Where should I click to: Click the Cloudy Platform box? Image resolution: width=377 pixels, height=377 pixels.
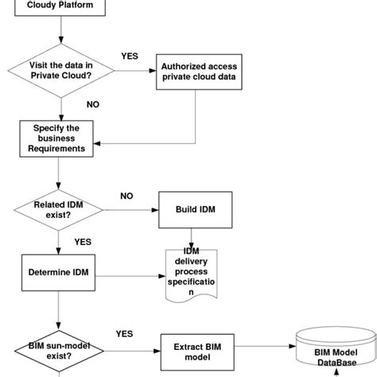60,7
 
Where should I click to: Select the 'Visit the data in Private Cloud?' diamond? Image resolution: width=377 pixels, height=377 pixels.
60,72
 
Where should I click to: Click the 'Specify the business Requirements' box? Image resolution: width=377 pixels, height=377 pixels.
60,138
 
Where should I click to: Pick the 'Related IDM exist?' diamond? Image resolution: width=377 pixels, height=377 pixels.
60,210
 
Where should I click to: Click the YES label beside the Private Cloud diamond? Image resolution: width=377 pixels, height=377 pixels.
129,56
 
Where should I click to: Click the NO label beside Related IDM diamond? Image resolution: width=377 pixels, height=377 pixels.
126,195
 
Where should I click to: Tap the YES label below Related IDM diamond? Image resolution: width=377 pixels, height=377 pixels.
83,241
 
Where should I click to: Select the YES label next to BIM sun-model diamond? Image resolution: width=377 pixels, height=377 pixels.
124,334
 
